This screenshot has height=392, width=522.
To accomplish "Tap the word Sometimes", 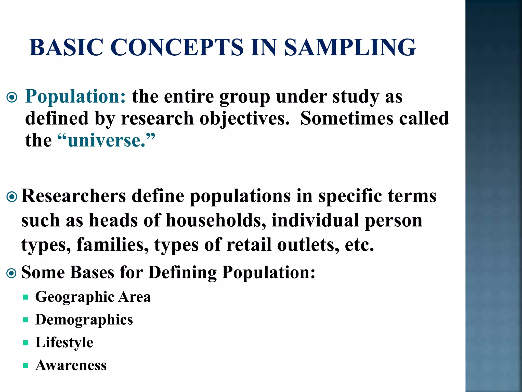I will [347, 118].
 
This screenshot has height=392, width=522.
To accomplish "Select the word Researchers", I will [74, 196].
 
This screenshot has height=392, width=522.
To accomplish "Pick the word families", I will [112, 244].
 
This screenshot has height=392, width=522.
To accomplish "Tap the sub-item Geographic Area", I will [93, 297].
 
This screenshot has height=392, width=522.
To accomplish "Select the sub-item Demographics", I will [84, 320].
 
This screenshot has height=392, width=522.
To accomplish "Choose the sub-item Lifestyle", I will [64, 342].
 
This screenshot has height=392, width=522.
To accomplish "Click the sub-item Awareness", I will [71, 365].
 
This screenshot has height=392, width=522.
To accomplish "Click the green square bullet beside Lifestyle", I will [25, 343].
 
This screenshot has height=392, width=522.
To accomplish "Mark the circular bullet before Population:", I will [12, 97].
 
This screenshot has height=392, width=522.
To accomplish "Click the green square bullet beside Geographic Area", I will [25, 297].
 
